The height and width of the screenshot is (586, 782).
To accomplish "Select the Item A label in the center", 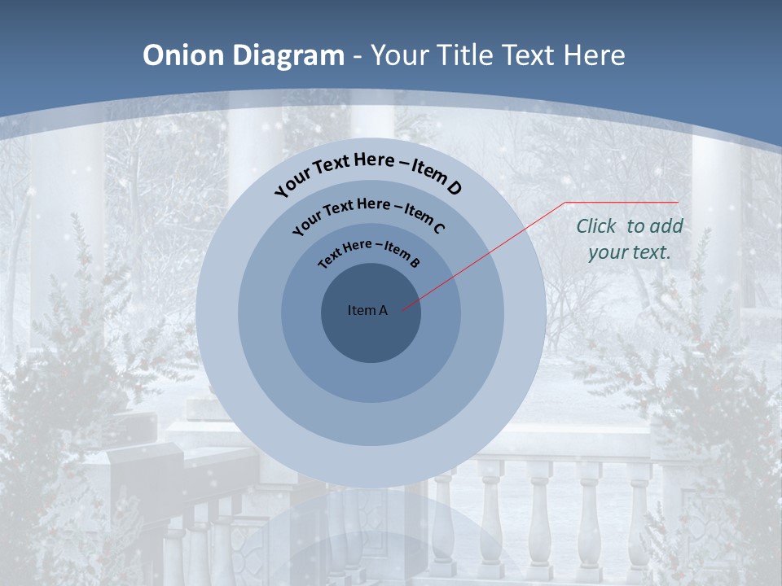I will tap(367, 310).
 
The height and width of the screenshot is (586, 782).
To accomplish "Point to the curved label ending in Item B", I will tap(369, 251).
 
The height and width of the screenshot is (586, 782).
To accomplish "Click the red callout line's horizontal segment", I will tap(622, 202).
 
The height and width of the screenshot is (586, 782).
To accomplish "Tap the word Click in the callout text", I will tap(596, 226).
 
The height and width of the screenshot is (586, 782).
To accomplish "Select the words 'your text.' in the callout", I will tap(630, 252).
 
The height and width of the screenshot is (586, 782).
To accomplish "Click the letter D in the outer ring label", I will tap(454, 188).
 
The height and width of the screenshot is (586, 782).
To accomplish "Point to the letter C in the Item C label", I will tap(438, 227).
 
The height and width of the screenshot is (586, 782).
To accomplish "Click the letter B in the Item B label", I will tap(415, 262).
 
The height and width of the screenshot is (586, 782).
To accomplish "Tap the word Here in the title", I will tap(590, 55).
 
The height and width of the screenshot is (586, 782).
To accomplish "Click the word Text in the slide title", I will tap(525, 55).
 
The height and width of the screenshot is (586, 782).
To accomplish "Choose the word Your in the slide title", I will tap(402, 55).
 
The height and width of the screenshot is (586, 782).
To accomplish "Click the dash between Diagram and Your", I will tap(358, 55).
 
